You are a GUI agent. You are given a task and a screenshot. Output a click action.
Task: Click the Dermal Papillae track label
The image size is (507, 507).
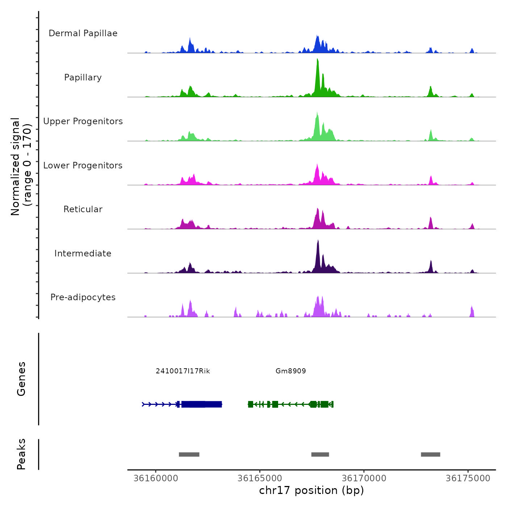click(x=83, y=33)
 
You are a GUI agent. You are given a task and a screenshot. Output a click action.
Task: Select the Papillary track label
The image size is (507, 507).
click(x=83, y=77)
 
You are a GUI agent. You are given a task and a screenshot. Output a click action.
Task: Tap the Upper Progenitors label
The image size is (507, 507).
click(x=83, y=121)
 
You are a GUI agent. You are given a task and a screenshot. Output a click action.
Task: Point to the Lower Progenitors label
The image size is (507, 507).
click(x=83, y=165)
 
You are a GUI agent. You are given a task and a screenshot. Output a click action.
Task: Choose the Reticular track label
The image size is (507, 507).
click(x=83, y=209)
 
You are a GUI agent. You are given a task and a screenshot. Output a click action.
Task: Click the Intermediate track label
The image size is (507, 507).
click(x=83, y=253)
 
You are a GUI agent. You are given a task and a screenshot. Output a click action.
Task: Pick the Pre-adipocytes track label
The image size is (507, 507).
click(x=83, y=297)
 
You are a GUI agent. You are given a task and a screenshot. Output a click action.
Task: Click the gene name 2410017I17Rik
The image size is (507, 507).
click(x=183, y=371)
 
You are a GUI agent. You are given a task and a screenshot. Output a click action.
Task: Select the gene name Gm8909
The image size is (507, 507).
click(x=291, y=371)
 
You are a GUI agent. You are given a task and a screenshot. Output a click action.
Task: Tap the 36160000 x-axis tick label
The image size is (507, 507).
click(x=156, y=478)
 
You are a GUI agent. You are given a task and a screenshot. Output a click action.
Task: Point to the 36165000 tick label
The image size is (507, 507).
click(x=260, y=478)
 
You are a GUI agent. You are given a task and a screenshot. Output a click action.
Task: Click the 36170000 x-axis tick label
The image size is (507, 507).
click(x=364, y=478)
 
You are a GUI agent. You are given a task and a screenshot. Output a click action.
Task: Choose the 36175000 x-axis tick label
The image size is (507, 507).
click(x=468, y=478)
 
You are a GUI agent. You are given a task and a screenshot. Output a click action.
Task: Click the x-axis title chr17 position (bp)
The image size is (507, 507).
click(x=311, y=490)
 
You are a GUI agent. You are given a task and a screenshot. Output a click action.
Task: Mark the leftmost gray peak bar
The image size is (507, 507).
click(x=189, y=454)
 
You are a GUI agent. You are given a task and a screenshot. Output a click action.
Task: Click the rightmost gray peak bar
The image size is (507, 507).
click(x=431, y=454)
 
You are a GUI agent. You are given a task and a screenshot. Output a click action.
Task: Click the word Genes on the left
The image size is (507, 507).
click(x=21, y=379)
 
